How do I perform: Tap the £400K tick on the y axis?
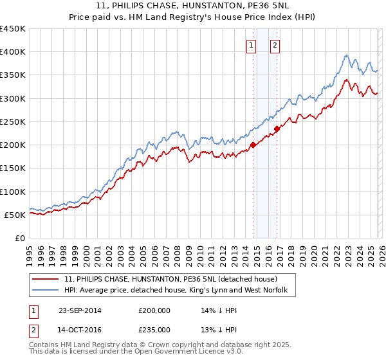pos(13,52)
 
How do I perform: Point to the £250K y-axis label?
pos(13,122)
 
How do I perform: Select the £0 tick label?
pos(19,238)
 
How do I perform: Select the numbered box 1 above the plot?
pos(251,45)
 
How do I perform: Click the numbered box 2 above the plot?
pos(275,45)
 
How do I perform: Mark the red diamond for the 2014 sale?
pos(253,145)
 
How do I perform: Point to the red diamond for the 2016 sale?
pos(277,129)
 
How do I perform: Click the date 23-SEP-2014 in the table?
pos(80,310)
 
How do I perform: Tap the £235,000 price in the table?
pos(154,329)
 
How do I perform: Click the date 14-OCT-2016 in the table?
pos(80,329)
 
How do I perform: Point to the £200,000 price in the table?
pos(154,310)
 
